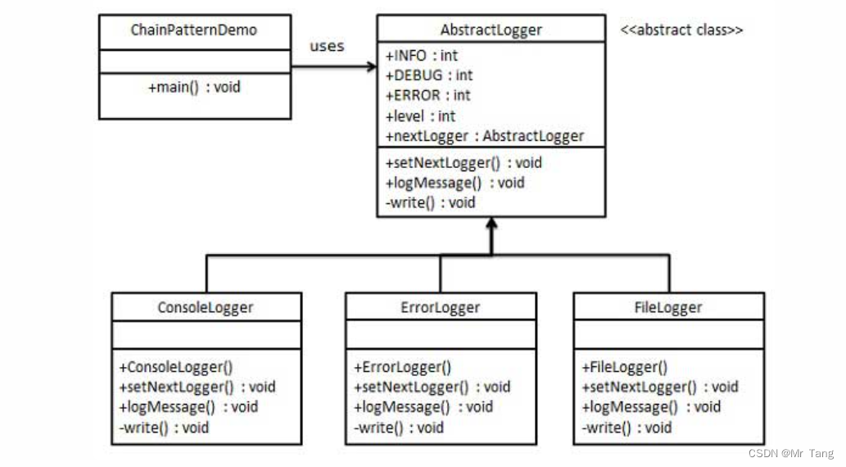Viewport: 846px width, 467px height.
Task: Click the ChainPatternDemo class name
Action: pos(193,30)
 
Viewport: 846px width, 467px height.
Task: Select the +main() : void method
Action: pos(194,87)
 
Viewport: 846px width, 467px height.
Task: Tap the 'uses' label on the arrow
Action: pos(327,46)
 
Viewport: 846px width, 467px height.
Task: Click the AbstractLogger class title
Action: pos(491,30)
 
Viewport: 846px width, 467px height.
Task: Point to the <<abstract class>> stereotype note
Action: pos(682,30)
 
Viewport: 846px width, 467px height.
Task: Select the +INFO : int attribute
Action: pos(421,56)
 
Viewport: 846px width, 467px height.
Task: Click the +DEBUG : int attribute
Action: pos(428,75)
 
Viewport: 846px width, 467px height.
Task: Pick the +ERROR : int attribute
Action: pos(428,96)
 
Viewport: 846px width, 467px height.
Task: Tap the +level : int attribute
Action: pos(420,116)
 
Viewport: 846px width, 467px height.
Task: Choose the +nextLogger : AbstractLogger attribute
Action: pos(484,136)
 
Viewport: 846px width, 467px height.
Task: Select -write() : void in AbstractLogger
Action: pos(429,202)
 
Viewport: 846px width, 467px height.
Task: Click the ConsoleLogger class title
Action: pos(206,307)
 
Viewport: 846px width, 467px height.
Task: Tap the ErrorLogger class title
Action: pos(441,307)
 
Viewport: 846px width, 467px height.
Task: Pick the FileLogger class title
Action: pos(668,307)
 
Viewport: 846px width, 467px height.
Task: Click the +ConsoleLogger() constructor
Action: pos(170,367)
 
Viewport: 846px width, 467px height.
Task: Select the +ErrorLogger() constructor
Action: pos(402,367)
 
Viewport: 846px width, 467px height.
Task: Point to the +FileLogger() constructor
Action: pos(624,367)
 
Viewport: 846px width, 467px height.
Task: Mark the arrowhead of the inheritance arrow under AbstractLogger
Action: pos(490,224)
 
